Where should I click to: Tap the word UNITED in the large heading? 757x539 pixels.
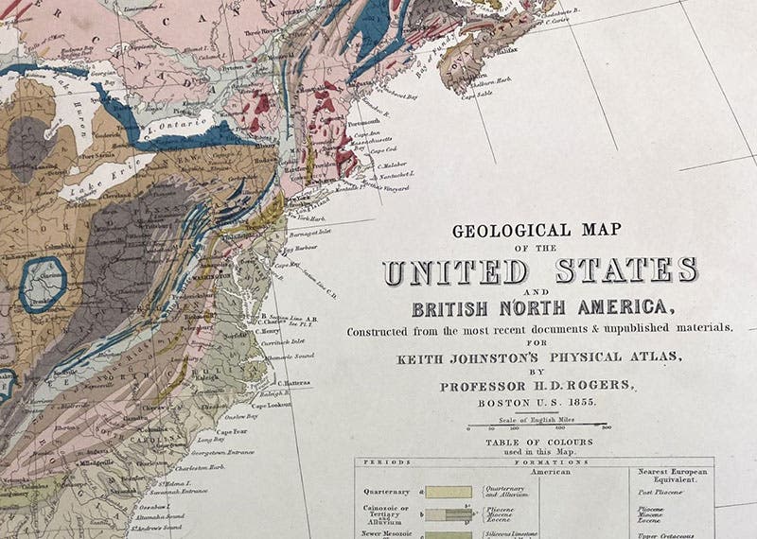455,271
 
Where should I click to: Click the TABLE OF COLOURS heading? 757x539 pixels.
539,442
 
